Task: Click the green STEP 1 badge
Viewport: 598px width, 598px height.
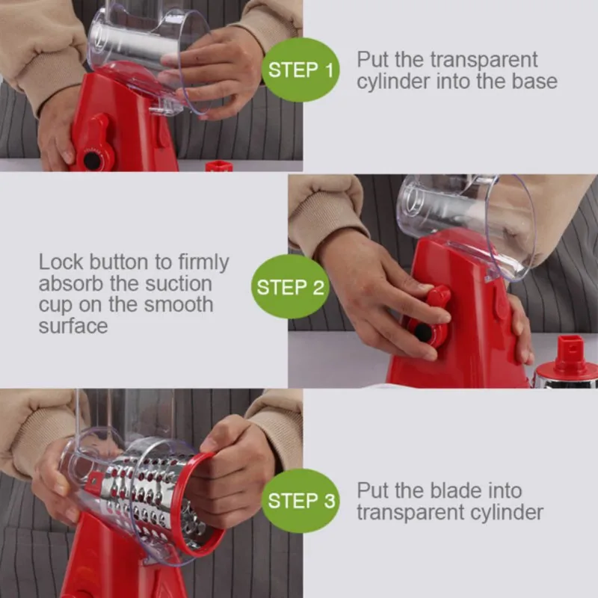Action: click(x=300, y=70)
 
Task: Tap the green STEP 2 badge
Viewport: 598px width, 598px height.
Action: click(x=290, y=287)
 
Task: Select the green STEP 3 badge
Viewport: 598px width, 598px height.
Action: click(x=300, y=501)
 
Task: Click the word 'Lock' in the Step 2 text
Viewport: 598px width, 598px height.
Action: click(x=61, y=262)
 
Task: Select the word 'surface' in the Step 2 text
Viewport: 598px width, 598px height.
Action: click(x=73, y=326)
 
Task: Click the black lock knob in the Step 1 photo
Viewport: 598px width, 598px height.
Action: click(x=92, y=161)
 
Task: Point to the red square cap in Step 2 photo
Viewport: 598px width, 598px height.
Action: click(x=570, y=350)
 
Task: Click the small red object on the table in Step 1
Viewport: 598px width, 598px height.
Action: click(x=219, y=166)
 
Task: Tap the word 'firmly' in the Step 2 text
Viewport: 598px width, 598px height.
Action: click(x=203, y=263)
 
